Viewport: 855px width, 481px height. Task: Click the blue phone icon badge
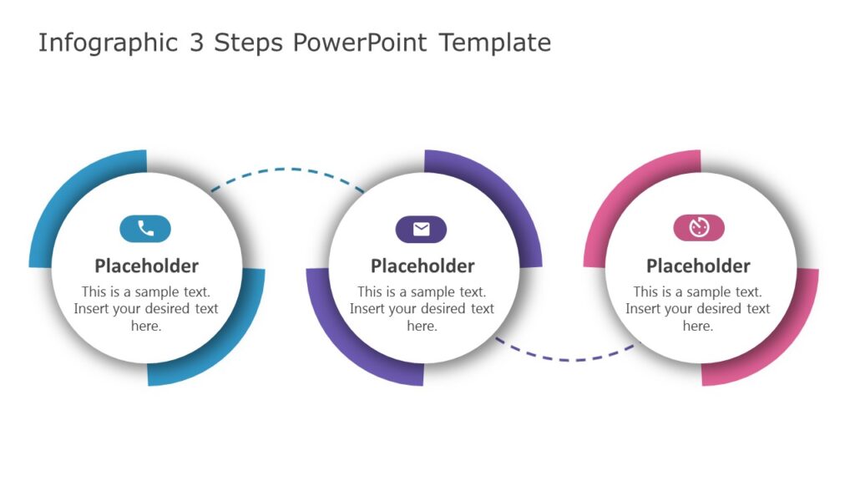(145, 229)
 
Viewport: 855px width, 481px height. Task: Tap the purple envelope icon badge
(421, 229)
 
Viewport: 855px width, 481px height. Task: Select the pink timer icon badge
(699, 227)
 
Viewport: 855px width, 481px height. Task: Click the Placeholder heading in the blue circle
(147, 266)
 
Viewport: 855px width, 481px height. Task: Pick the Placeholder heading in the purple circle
(422, 266)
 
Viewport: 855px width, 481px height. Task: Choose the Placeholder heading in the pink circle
(699, 266)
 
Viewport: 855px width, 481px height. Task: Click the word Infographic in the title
(108, 43)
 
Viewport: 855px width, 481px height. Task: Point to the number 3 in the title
(196, 43)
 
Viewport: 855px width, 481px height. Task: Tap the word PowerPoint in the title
(360, 43)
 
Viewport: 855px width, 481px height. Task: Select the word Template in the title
(495, 43)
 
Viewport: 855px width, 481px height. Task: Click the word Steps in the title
(248, 43)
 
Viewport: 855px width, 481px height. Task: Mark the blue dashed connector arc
(286, 170)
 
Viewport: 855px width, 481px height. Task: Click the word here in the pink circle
(697, 327)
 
